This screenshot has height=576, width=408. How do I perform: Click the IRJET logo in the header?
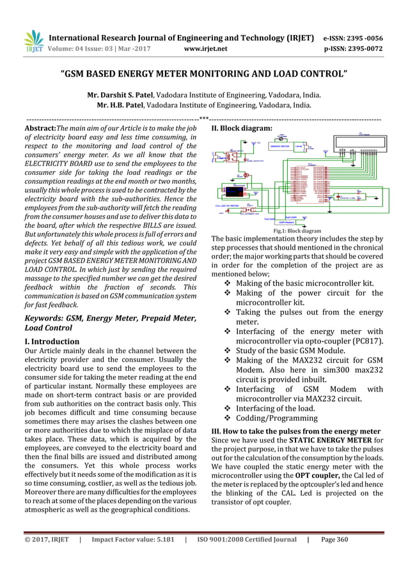[33, 40]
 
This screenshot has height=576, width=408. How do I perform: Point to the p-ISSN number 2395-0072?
[366, 47]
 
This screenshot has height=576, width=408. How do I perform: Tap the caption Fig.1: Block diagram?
[298, 231]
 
